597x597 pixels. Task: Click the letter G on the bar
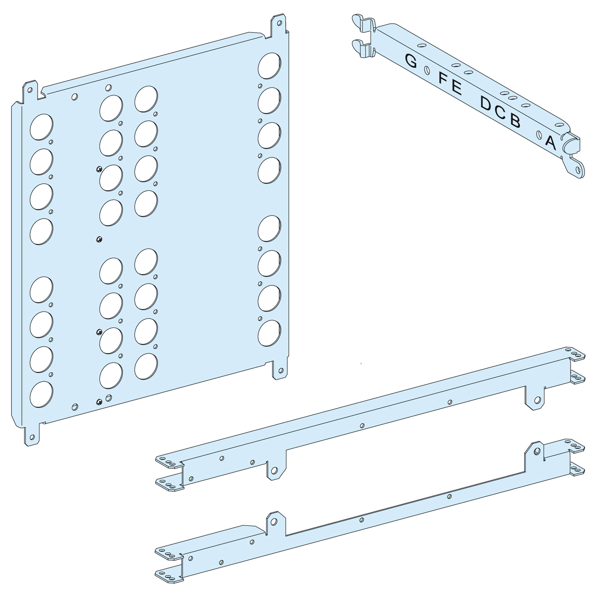tap(411, 61)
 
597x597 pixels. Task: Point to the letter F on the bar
tap(443, 78)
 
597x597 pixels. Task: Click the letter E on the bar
tap(456, 87)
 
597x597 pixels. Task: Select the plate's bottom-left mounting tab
tap(32, 435)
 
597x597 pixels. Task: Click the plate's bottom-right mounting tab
tap(280, 370)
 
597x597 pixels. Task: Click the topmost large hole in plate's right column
tap(269, 66)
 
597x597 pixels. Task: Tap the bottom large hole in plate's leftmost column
tap(41, 394)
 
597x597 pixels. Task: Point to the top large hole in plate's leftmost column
tap(41, 127)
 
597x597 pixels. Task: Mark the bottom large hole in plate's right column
tap(269, 333)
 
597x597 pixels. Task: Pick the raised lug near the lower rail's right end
tap(536, 450)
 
